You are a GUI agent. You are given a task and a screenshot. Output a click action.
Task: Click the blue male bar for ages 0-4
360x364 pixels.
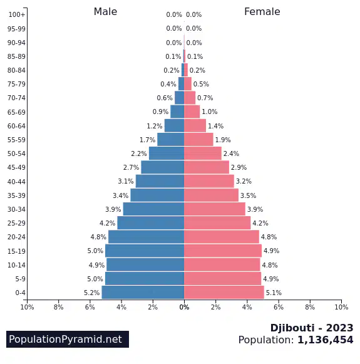click(x=143, y=293)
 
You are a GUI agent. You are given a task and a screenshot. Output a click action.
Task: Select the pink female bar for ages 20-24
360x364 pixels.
click(x=222, y=237)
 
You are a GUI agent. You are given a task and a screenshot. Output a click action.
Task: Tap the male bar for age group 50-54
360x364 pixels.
click(x=167, y=153)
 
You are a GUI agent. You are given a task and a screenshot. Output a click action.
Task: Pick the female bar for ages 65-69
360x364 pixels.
click(x=192, y=112)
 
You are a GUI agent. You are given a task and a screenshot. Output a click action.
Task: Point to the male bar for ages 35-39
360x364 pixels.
click(x=157, y=195)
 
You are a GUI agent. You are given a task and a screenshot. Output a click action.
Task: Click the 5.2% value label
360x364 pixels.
click(x=91, y=293)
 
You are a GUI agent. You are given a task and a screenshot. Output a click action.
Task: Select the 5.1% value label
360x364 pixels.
click(x=274, y=293)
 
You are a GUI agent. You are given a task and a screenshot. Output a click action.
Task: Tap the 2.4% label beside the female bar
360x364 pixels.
click(x=231, y=153)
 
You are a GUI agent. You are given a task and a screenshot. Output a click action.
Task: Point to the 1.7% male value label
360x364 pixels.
click(x=147, y=140)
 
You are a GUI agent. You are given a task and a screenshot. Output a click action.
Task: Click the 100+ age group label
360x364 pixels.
click(x=17, y=14)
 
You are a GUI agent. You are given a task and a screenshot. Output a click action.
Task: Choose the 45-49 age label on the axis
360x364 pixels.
click(x=16, y=167)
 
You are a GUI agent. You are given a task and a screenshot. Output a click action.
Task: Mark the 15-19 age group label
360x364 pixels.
click(x=16, y=251)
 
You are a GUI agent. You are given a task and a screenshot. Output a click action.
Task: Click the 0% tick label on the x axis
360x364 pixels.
click(x=184, y=307)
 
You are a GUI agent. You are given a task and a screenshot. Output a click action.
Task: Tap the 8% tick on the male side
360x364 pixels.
click(x=58, y=307)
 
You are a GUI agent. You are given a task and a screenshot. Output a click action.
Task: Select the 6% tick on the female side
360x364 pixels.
click(x=279, y=307)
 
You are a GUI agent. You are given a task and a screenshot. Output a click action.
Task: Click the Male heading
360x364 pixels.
click(x=105, y=12)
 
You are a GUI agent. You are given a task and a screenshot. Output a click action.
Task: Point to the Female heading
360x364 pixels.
click(x=262, y=12)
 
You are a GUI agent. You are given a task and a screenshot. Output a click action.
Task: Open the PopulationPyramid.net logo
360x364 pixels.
click(x=68, y=339)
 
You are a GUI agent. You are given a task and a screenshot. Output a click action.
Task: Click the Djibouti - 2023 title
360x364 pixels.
click(x=312, y=328)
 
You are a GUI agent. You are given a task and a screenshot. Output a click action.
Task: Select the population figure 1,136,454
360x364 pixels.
click(x=325, y=340)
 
